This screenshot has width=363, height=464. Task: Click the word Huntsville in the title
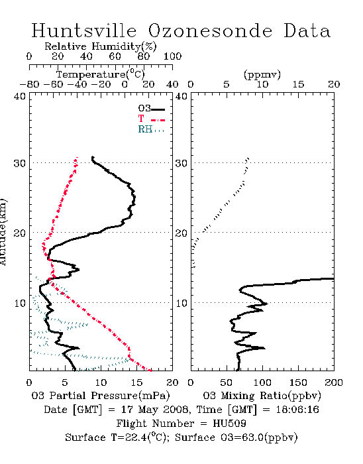pos(84,30)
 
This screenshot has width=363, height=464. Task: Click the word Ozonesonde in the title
pos(209,30)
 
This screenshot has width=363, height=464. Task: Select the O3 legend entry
pos(152,109)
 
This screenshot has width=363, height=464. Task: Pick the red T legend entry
pos(152,119)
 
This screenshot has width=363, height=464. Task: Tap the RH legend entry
pos(151,129)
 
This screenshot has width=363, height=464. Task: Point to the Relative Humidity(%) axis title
pos(101,46)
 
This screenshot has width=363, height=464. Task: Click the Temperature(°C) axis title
pos(101,74)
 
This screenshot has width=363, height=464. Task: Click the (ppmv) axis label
pos(262,74)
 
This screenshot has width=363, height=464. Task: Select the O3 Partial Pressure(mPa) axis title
pos(101,396)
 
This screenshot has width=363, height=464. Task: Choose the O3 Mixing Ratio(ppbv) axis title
pos(262,396)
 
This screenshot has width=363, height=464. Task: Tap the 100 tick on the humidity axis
pos(172,56)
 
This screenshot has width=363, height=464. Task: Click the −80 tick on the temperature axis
pos(29,84)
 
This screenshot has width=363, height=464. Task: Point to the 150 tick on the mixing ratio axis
pos(298,382)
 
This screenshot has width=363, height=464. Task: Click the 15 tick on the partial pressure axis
pos(136,382)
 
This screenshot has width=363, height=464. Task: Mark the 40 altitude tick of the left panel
pos(20,96)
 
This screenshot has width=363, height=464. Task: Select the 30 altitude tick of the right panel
pos(181,163)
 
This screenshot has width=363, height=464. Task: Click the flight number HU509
pos(230,424)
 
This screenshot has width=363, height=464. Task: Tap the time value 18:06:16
pos(297,410)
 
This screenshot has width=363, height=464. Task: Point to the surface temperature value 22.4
pos(136,437)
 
